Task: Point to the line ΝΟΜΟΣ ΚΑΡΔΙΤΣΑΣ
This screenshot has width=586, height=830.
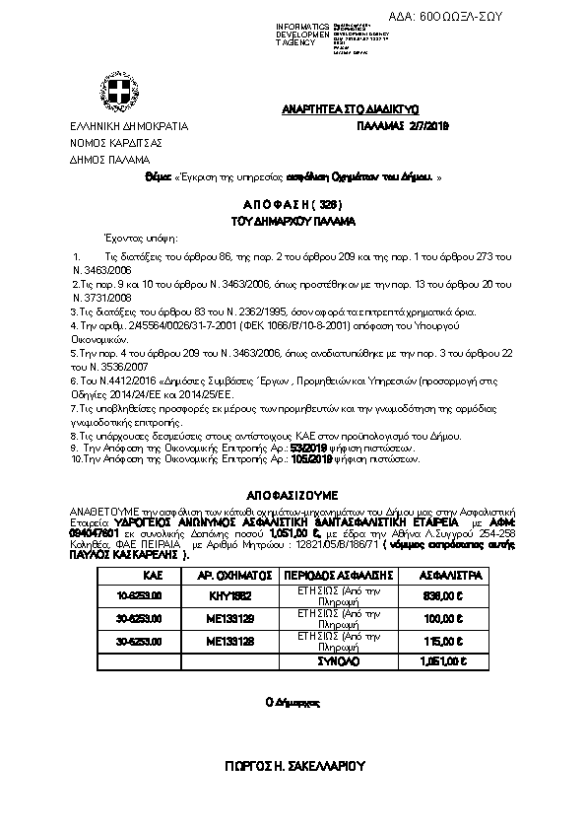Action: (110, 143)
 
